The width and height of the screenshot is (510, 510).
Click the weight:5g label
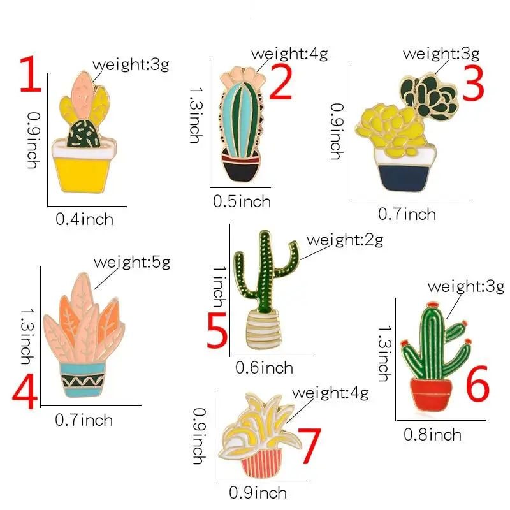[132, 261]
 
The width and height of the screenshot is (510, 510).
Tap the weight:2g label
[345, 240]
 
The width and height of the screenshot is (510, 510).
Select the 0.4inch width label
[84, 219]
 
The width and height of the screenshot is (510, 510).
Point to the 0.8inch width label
[432, 435]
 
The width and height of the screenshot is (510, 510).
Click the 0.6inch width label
[264, 367]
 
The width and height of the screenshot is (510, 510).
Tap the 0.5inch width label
[242, 201]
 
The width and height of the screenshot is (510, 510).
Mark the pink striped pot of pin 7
[261, 465]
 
